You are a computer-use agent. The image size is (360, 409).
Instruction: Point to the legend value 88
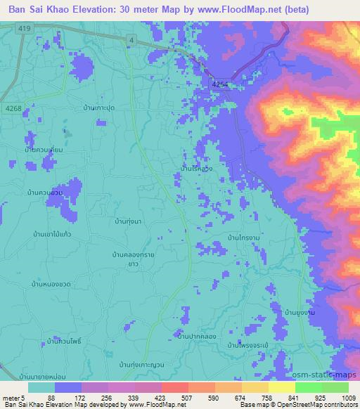click(x=52, y=398)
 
